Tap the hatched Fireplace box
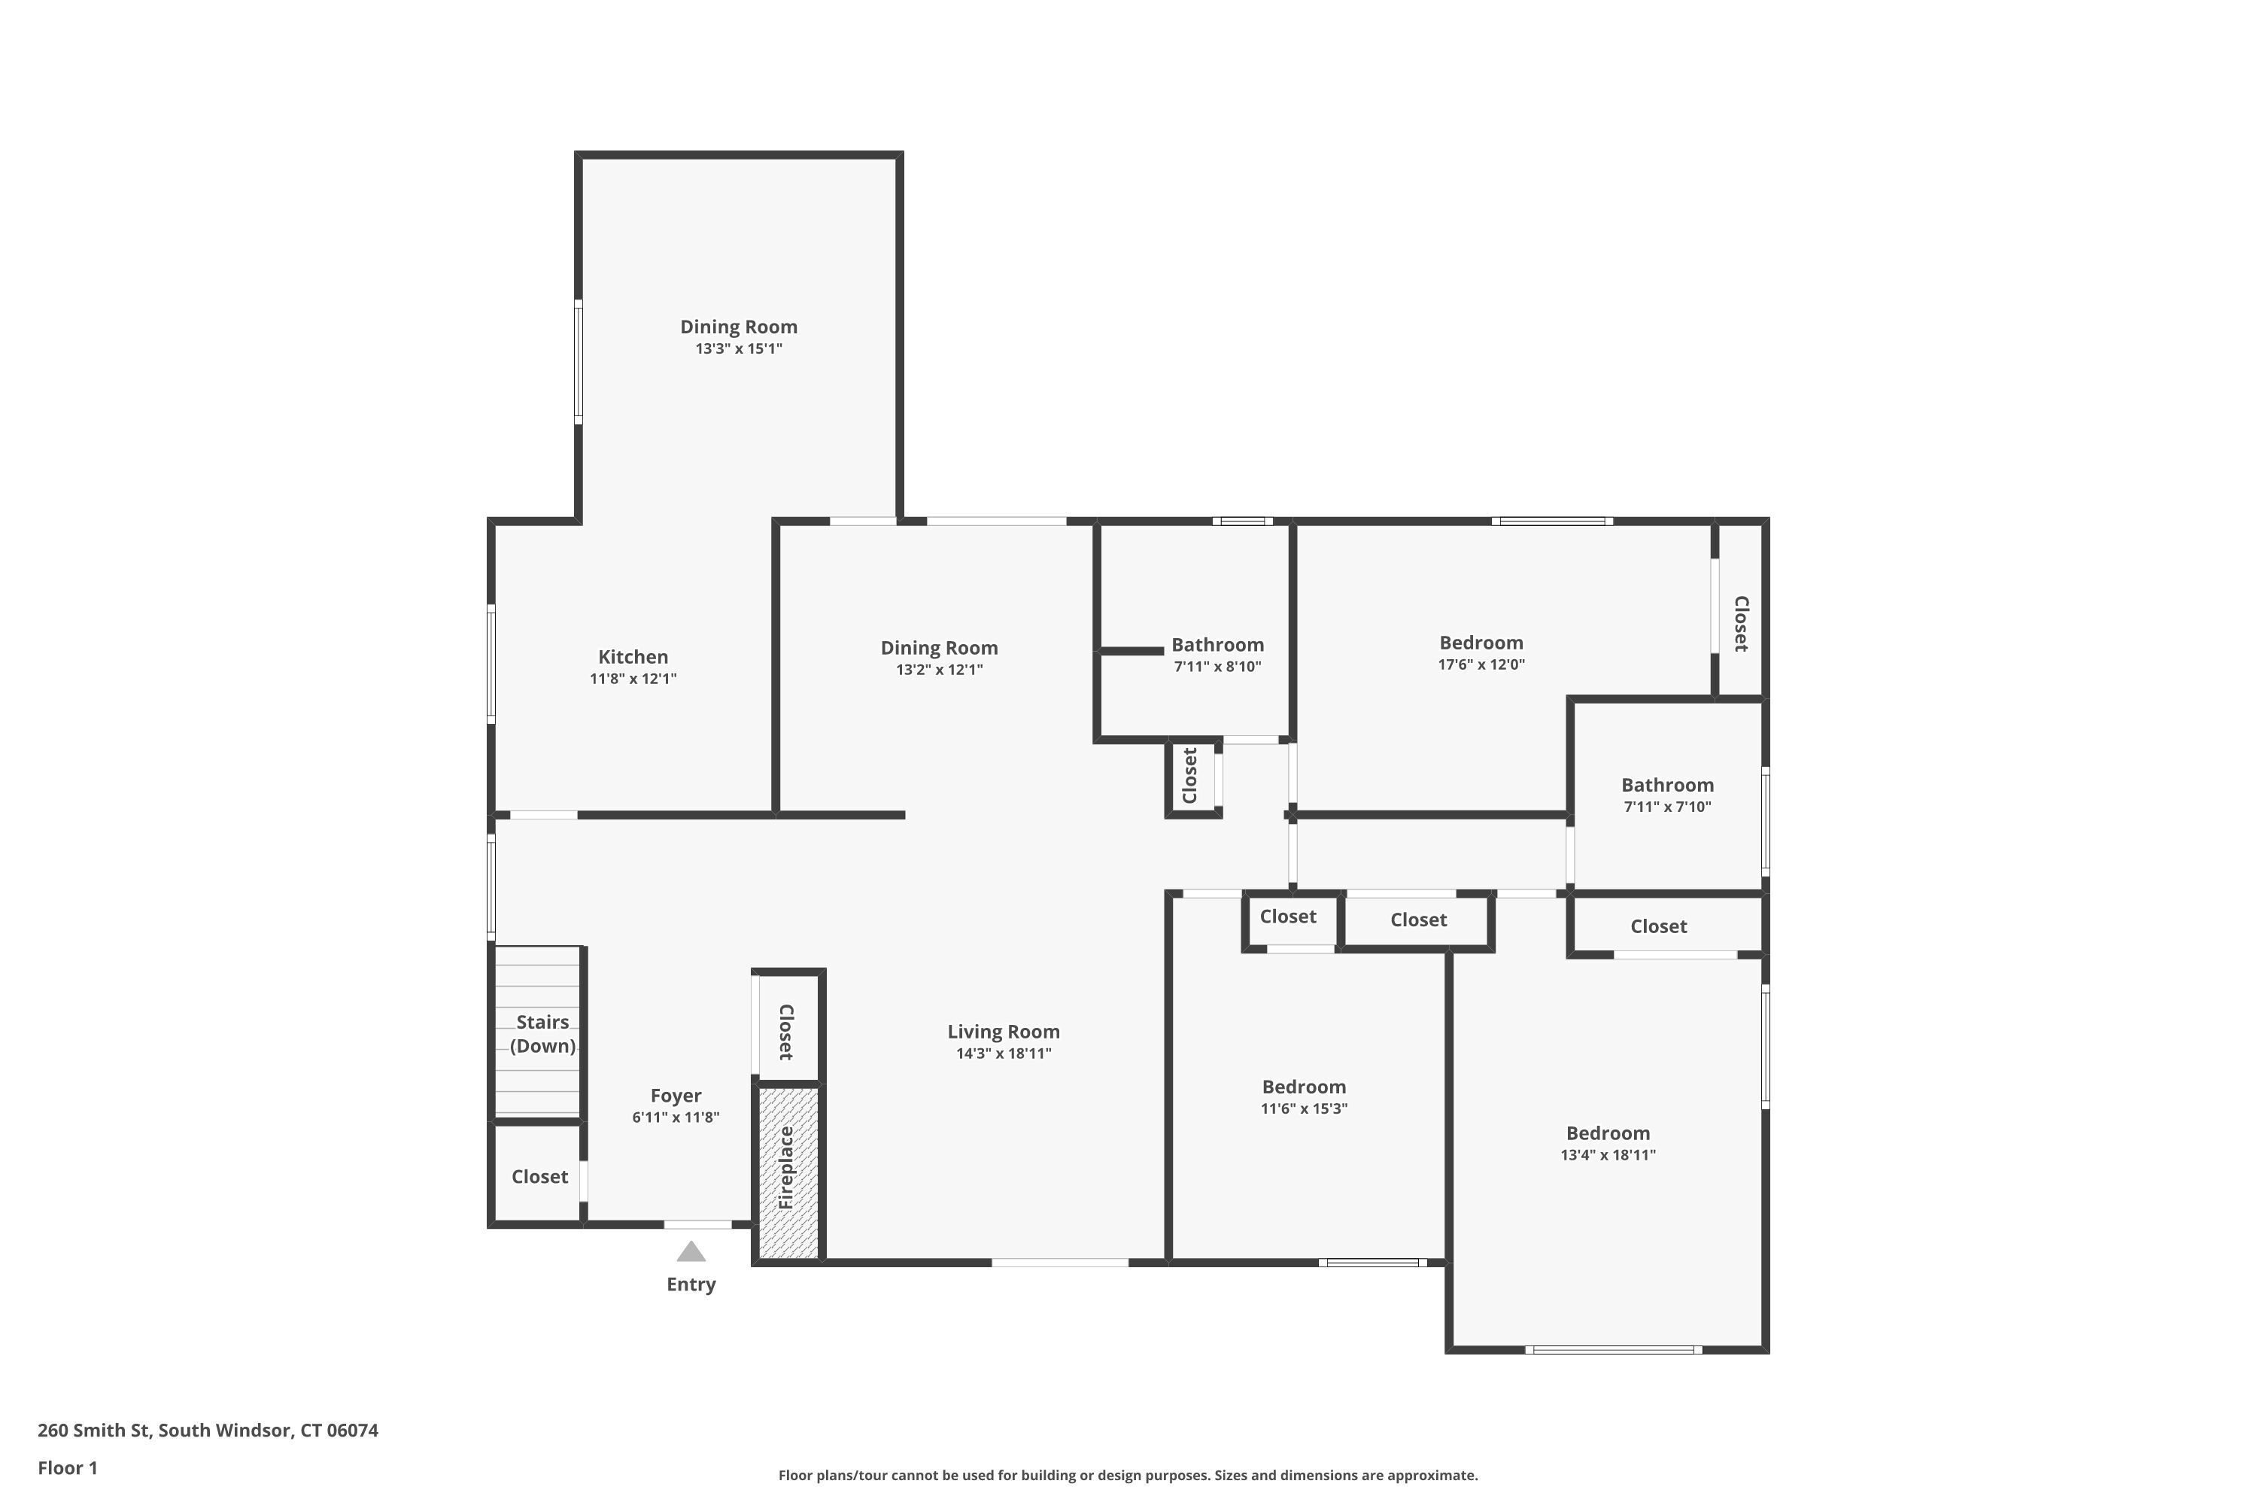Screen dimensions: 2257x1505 coord(788,1172)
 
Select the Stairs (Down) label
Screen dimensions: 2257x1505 coord(542,1034)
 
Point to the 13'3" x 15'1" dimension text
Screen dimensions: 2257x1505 coord(739,348)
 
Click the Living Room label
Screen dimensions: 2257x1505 coord(1004,1032)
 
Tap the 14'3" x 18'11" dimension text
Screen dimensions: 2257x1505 coord(1004,1054)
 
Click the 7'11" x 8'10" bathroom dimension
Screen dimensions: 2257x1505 coord(1218,667)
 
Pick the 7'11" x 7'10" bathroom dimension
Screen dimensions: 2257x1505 coord(1668,807)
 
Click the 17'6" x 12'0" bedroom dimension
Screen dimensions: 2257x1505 coord(1481,664)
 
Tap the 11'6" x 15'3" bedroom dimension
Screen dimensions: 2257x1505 coord(1304,1108)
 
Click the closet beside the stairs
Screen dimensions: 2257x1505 coord(539,1177)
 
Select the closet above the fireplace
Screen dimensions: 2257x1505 coord(786,1032)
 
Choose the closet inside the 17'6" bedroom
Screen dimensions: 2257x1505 coord(1742,624)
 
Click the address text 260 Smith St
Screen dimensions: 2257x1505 coord(94,1431)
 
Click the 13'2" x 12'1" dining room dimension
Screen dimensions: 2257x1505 coord(940,670)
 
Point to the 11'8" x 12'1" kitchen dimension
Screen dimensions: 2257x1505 coord(633,679)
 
